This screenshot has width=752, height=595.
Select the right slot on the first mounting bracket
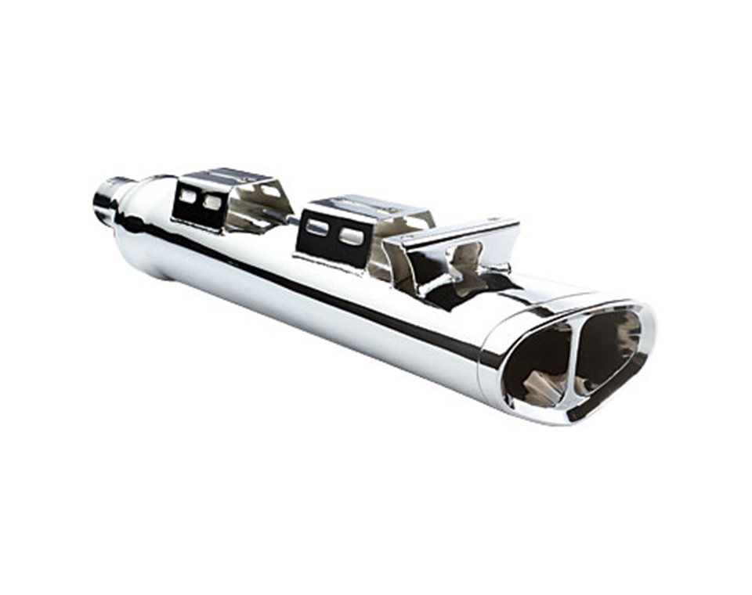point(212,202)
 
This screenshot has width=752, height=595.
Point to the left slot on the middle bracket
point(316,228)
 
